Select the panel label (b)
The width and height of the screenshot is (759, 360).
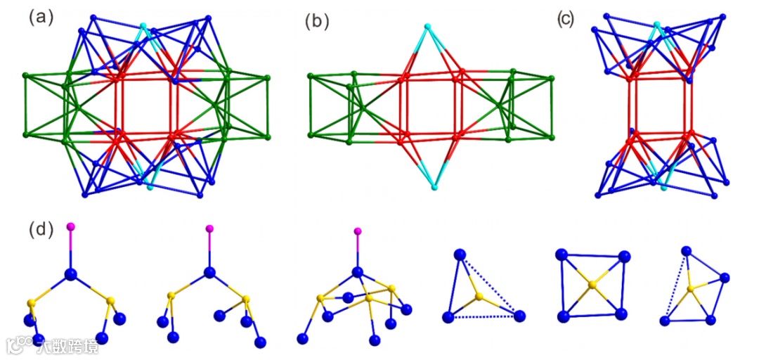coord(317,22)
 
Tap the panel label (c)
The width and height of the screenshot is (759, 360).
coord(565,20)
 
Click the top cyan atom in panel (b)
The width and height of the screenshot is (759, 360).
coord(427,27)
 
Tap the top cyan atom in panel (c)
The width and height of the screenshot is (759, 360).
coord(657,25)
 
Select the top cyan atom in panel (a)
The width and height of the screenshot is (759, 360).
coord(143,27)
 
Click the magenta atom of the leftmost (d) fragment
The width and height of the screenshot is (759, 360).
coord(70,226)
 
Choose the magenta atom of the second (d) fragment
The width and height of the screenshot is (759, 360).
coord(209,229)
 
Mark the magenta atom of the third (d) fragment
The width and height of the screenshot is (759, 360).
coord(358,231)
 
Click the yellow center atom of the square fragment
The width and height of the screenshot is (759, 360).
coord(592,285)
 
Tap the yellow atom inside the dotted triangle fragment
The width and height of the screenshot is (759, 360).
coord(479,297)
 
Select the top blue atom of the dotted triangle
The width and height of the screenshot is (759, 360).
coord(460,255)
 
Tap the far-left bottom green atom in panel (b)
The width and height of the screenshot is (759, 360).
coord(310,133)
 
